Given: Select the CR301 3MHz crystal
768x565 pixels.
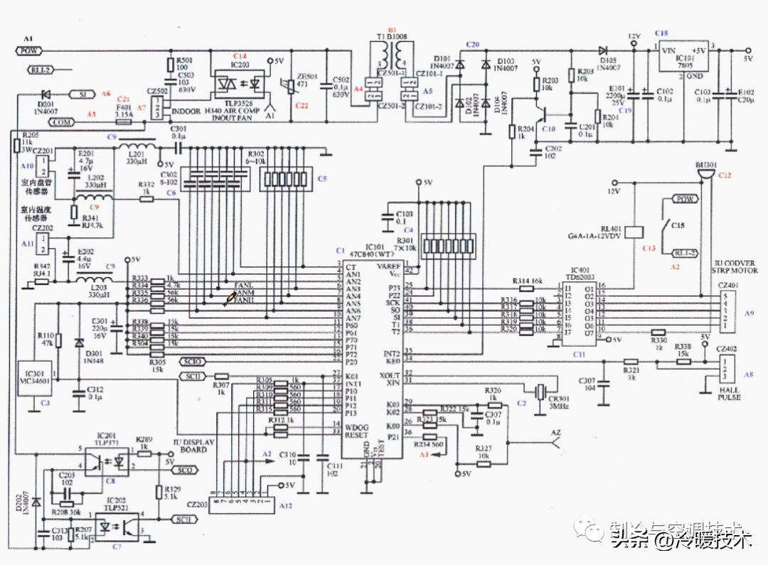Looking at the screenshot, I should pyautogui.click(x=541, y=389).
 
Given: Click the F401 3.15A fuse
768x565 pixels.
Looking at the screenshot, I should pyautogui.click(x=124, y=122).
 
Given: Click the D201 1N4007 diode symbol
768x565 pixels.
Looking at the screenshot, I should pyautogui.click(x=46, y=94).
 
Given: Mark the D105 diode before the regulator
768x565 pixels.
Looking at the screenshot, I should pyautogui.click(x=603, y=50).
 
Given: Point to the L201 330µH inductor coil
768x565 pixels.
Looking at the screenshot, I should pyautogui.click(x=142, y=148).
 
